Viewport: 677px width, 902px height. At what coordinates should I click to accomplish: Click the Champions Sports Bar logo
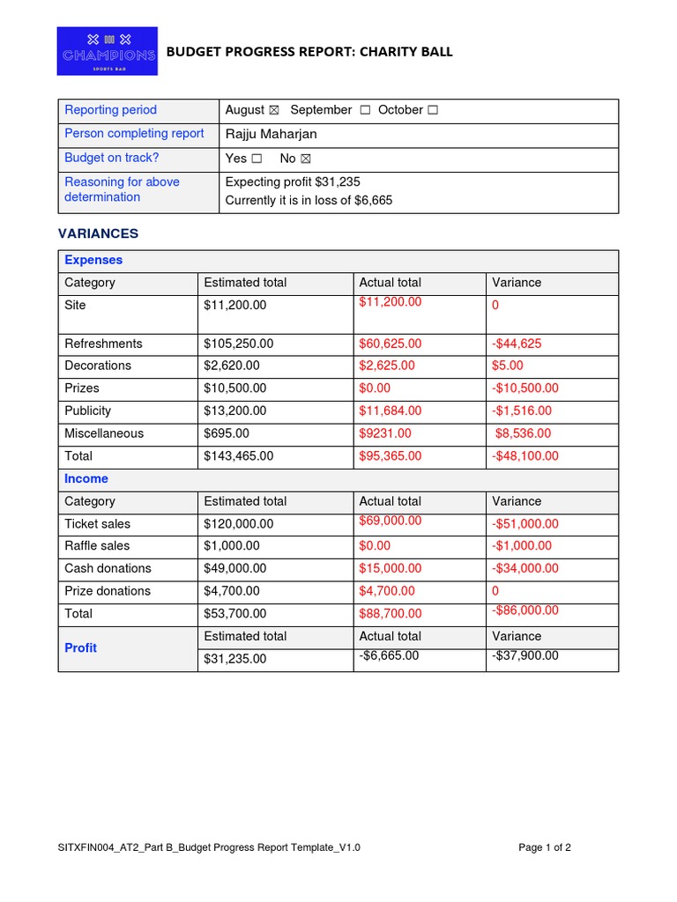click(107, 51)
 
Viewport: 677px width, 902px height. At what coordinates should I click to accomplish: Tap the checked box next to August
click(273, 110)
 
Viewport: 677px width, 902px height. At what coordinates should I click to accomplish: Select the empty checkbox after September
click(364, 110)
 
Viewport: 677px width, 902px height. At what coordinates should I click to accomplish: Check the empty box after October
click(432, 110)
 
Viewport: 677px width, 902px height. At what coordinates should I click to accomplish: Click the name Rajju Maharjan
click(271, 134)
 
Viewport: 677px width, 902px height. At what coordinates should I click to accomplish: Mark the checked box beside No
click(306, 159)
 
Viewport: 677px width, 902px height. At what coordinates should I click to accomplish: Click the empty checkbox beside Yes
click(257, 159)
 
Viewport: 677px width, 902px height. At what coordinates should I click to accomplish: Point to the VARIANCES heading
click(98, 233)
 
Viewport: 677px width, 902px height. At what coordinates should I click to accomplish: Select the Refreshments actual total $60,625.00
click(390, 344)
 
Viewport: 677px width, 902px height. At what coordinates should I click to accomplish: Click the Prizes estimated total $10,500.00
click(234, 388)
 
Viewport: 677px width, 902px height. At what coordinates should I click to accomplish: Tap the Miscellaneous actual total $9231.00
click(385, 433)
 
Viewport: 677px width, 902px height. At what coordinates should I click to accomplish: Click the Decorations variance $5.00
click(508, 366)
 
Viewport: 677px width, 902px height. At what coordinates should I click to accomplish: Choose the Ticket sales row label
click(97, 524)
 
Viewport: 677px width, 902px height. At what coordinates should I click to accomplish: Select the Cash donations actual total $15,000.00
click(390, 569)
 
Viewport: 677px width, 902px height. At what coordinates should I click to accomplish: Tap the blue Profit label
click(80, 648)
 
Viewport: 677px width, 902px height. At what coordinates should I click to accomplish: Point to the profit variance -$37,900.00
click(524, 656)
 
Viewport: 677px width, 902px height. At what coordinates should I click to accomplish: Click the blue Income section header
click(86, 479)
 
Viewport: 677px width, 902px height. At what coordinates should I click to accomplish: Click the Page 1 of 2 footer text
click(545, 848)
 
